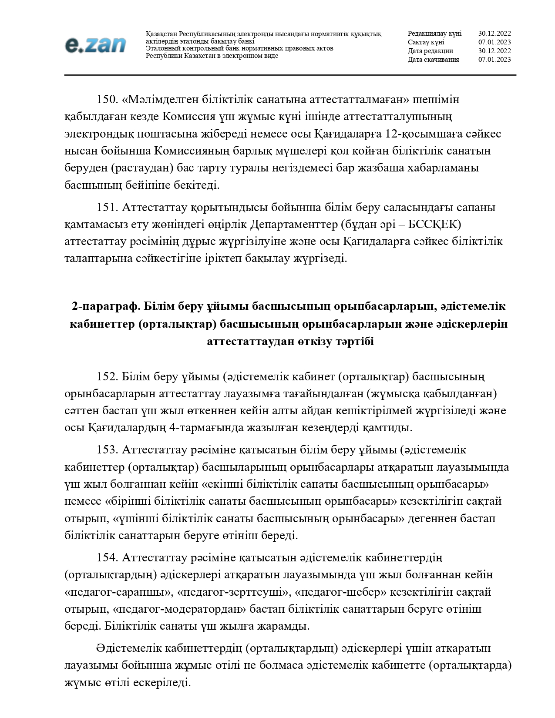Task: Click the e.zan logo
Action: pos(95,45)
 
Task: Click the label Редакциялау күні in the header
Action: pos(434,34)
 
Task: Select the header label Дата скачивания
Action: pos(433,60)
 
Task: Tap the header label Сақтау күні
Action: pos(426,42)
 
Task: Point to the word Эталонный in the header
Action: pos(161,49)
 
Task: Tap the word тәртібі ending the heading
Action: pos(354,342)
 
